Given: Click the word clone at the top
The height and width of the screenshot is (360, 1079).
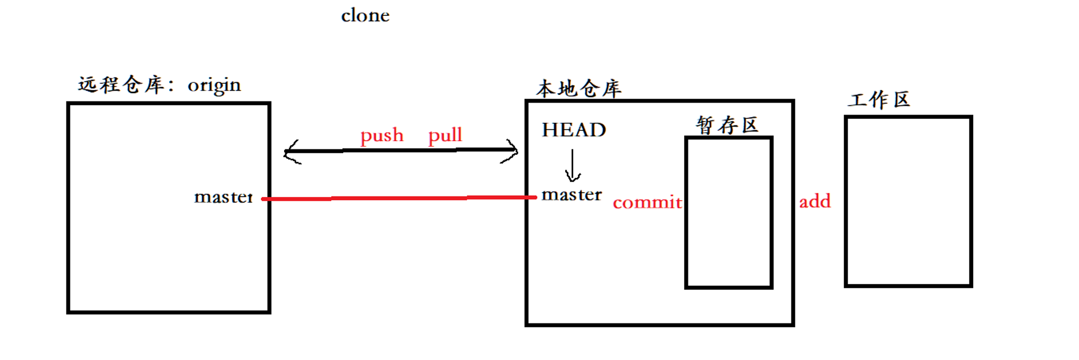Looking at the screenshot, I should point(365,15).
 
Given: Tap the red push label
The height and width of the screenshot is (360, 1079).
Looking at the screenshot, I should point(382,135).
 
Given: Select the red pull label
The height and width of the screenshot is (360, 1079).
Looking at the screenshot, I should point(445,135).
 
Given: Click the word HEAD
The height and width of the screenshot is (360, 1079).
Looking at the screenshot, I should point(574,130).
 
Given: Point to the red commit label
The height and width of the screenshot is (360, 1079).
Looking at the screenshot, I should point(647,202).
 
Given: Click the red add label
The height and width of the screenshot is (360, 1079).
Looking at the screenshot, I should point(815,201).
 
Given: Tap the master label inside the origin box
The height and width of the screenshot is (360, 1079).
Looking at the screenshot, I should point(223,197).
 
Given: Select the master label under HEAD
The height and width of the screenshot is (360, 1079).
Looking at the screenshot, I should point(572,195).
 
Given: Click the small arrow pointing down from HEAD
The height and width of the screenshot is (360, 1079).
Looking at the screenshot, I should point(572,166).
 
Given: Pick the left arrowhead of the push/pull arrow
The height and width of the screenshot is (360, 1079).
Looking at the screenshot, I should point(291,152).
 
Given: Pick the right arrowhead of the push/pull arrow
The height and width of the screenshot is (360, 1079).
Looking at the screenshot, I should point(511,151).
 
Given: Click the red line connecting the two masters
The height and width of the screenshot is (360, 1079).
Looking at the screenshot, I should point(398,199).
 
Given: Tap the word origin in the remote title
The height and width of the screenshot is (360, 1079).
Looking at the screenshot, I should point(214,86).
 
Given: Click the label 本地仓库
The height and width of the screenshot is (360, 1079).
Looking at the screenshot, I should point(579,88).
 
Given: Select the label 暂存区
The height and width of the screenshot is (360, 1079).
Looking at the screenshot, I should point(727,125).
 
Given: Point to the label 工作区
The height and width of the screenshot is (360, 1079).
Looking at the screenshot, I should point(879,100).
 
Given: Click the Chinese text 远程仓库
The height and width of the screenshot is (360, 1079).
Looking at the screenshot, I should point(121,85).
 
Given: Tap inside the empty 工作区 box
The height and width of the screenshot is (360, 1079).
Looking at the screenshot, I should point(908,201).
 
